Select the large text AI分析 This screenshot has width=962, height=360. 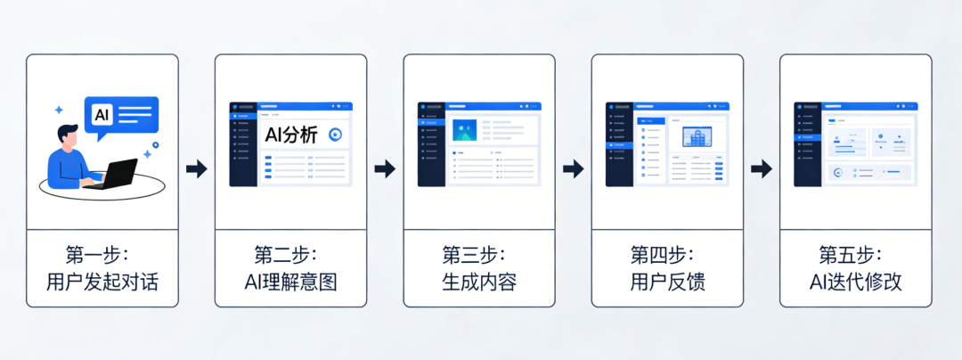(293, 134)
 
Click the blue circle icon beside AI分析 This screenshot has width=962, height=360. (336, 135)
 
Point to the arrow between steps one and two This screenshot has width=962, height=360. (196, 168)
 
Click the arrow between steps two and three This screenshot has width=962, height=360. (385, 168)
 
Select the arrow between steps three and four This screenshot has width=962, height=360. (574, 168)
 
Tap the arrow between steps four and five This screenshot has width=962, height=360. (762, 168)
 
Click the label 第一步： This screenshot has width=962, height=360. (102, 254)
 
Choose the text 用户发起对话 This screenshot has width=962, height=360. (102, 282)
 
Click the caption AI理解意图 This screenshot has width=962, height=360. (290, 282)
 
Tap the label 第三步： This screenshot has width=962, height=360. (479, 254)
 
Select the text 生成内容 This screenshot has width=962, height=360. (479, 282)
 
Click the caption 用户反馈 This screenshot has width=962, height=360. (667, 282)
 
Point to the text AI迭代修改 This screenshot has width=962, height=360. (855, 282)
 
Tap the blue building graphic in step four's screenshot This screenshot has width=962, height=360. (697, 138)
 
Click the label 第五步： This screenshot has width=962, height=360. (855, 254)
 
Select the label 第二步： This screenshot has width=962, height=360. (290, 254)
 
